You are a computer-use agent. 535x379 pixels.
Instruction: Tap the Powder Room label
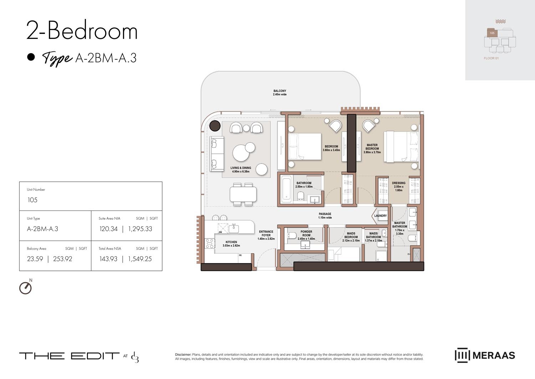tap(306, 233)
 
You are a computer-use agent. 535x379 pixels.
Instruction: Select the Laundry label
tap(380, 216)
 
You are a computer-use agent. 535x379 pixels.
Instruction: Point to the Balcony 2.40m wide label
tap(280, 93)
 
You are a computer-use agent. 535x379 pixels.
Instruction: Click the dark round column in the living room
tap(215, 126)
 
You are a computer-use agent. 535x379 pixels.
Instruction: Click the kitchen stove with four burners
tap(209, 243)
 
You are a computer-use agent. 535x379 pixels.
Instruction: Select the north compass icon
tap(25, 288)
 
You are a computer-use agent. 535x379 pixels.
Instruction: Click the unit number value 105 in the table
tap(32, 200)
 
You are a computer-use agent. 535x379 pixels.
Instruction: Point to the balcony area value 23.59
tap(35, 259)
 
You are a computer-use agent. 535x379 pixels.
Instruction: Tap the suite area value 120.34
tap(108, 229)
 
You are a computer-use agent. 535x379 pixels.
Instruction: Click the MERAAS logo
tap(485, 355)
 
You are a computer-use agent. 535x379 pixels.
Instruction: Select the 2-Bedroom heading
tap(82, 31)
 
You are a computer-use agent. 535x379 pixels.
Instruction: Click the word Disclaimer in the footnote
tap(183, 354)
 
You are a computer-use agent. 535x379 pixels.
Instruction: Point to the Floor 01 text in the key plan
tap(491, 58)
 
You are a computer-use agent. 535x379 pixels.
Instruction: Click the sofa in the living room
tap(216, 153)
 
